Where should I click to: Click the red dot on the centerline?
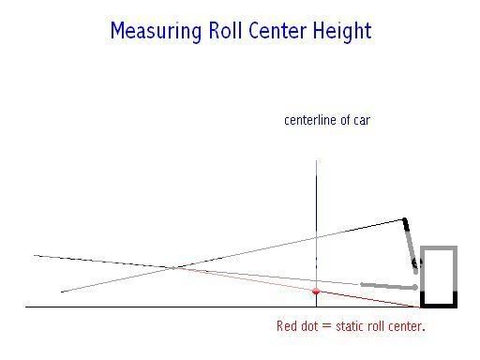point(316,292)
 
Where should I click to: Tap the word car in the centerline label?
point(361,120)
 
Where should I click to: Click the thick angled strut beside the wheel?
point(411,244)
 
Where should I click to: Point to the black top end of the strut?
point(406,223)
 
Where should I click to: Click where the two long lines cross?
point(174,268)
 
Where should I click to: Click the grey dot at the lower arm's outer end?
point(415,287)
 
